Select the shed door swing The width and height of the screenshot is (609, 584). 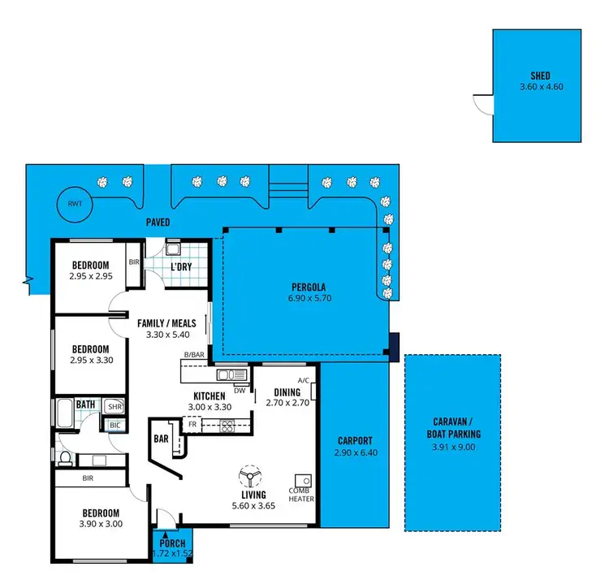tap(483, 103)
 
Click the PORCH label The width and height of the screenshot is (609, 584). tap(172, 543)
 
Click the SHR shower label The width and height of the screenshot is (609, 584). tap(114, 407)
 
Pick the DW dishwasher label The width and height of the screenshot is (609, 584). tap(240, 389)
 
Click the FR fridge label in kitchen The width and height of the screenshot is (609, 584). tap(192, 424)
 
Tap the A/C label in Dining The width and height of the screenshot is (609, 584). tap(304, 380)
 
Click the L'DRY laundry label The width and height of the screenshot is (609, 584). tap(181, 266)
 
